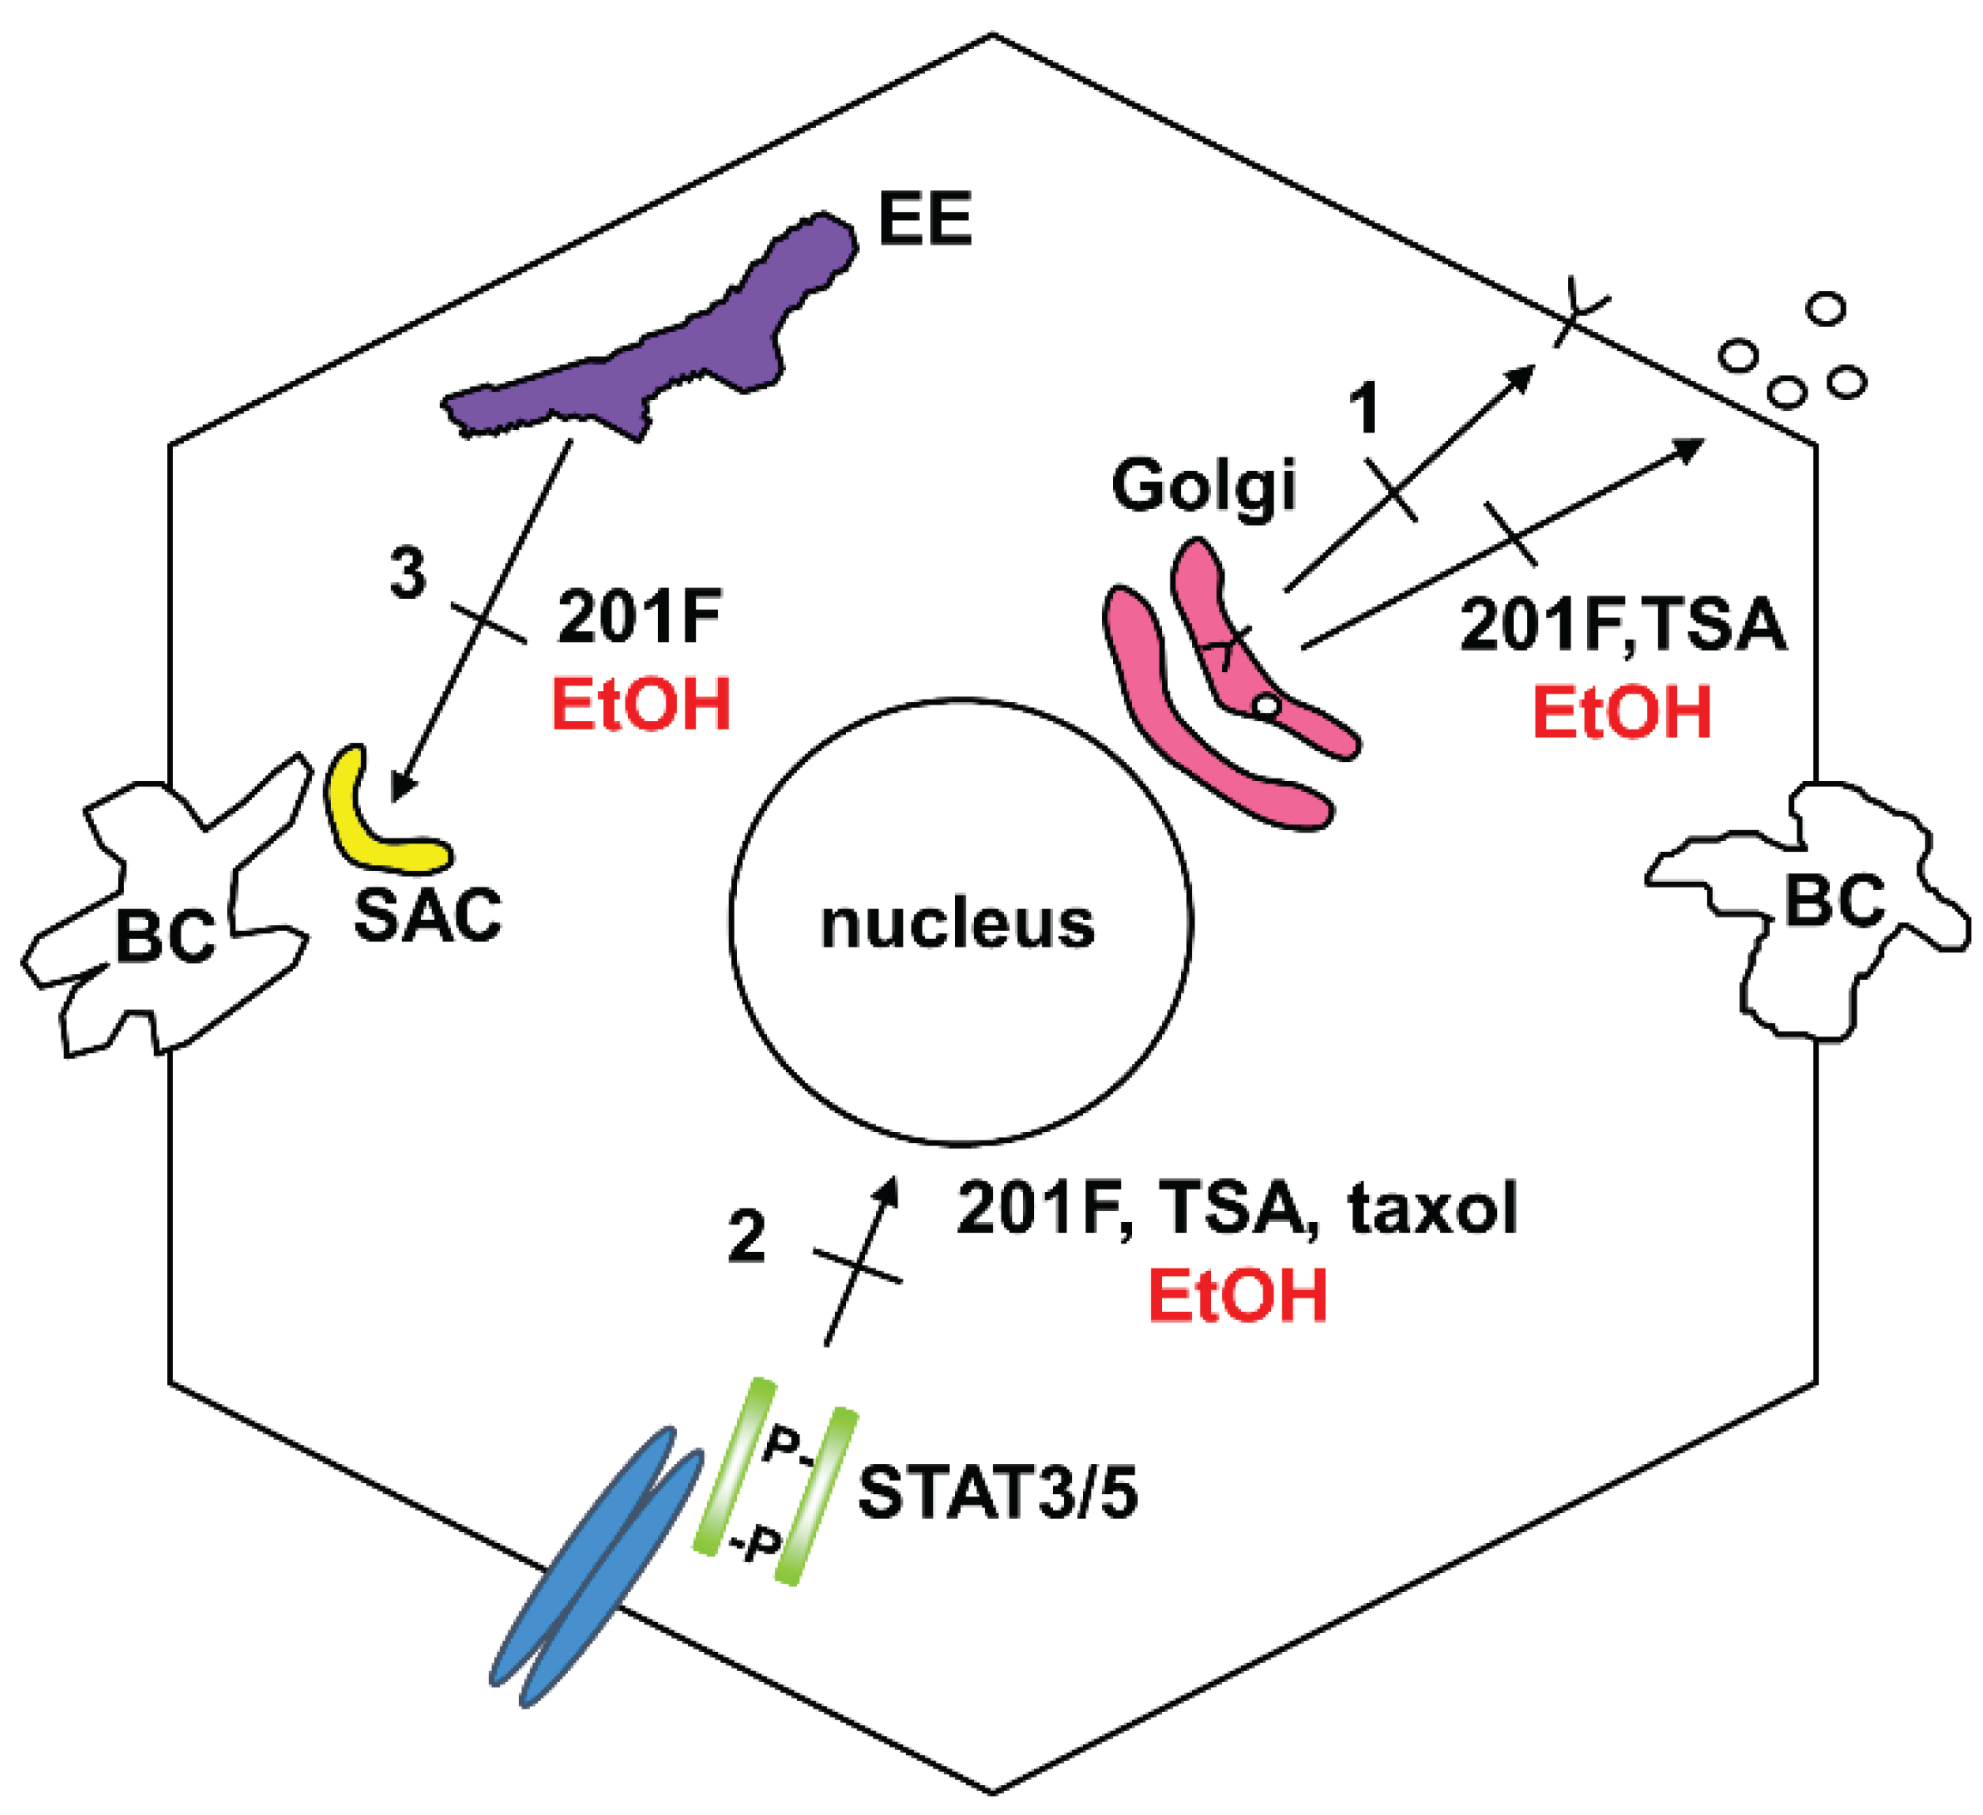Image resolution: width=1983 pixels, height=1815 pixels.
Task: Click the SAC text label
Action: (427, 916)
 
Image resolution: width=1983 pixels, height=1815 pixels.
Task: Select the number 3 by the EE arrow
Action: (408, 572)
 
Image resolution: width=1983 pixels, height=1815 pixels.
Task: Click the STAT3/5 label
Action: (997, 1494)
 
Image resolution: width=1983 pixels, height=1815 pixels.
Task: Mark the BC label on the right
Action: (1833, 899)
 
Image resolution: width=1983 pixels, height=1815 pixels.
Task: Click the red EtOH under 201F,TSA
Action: (1622, 713)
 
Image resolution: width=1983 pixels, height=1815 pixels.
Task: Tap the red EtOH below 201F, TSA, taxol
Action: (1238, 1296)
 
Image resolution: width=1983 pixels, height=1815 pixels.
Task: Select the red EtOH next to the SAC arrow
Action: (641, 705)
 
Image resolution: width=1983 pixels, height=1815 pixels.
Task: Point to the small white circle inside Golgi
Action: (1268, 706)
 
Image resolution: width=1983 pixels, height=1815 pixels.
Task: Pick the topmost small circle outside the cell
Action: (1827, 309)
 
